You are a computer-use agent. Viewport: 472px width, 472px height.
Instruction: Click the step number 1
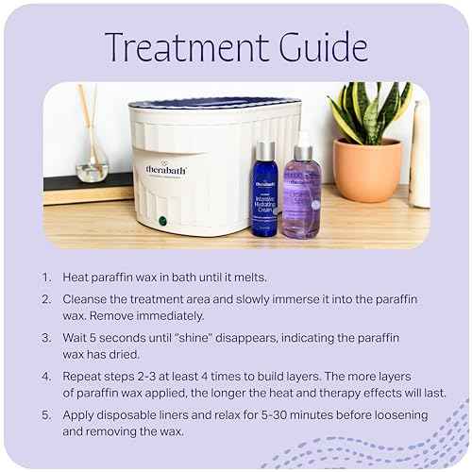(46, 278)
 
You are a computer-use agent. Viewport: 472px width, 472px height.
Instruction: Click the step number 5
(46, 414)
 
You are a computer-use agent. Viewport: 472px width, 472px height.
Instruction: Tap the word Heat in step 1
(77, 278)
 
